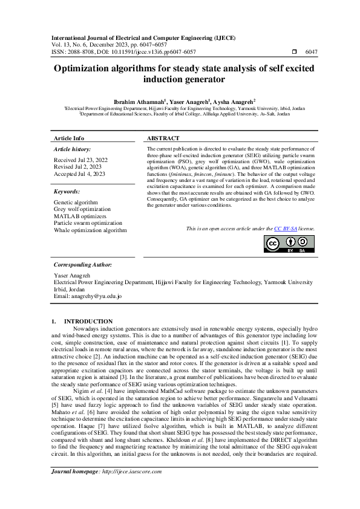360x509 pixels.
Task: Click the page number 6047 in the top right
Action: point(311,52)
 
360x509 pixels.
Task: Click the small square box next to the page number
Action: point(294,52)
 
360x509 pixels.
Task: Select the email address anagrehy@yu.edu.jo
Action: point(96,296)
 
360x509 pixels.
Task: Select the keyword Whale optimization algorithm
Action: point(90,230)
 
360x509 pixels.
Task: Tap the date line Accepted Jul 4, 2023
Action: point(79,174)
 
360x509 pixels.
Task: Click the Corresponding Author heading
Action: point(82,264)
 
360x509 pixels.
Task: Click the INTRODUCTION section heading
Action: point(88,321)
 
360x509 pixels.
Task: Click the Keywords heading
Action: point(67,191)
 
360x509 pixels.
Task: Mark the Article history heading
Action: point(73,149)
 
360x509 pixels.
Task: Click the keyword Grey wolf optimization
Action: point(82,209)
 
